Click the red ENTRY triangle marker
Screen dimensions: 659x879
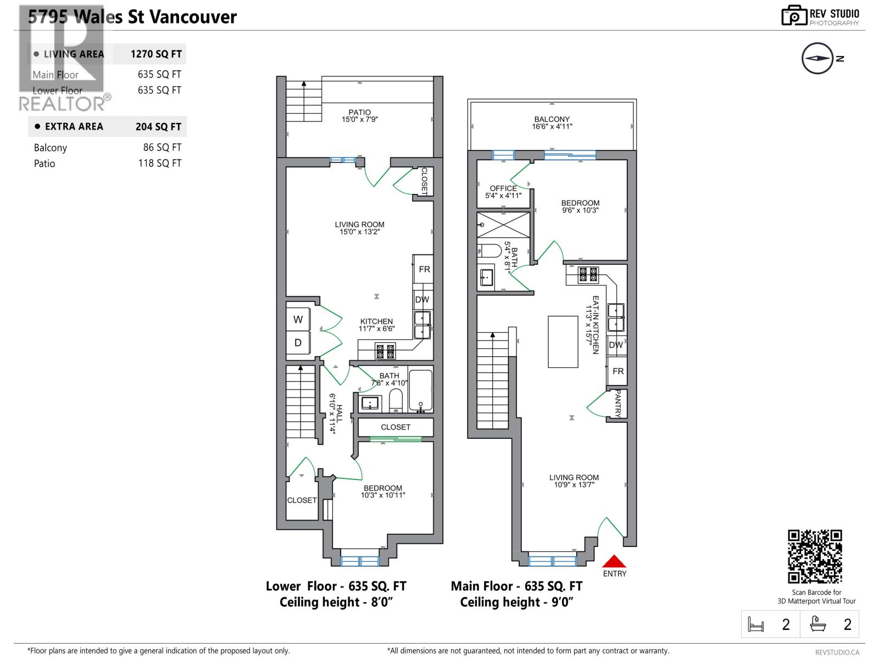[614, 561]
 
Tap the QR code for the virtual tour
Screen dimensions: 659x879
[815, 556]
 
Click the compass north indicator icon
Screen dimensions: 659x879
[817, 58]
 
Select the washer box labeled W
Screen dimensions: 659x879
[298, 319]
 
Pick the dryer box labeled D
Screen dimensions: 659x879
[298, 343]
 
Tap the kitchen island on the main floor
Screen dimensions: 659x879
[563, 342]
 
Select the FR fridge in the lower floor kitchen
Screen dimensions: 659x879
[424, 269]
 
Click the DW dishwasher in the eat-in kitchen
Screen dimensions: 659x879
[616, 345]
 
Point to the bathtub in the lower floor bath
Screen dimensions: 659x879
[421, 391]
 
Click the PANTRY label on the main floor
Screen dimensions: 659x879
[618, 404]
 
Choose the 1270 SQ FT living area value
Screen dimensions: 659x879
[156, 54]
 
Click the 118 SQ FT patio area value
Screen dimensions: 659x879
[159, 163]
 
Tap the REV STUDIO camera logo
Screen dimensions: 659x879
[794, 16]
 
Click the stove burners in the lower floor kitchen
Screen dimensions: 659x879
[385, 351]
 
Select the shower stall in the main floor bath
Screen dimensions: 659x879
[503, 225]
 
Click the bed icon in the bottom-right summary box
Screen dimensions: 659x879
[756, 624]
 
